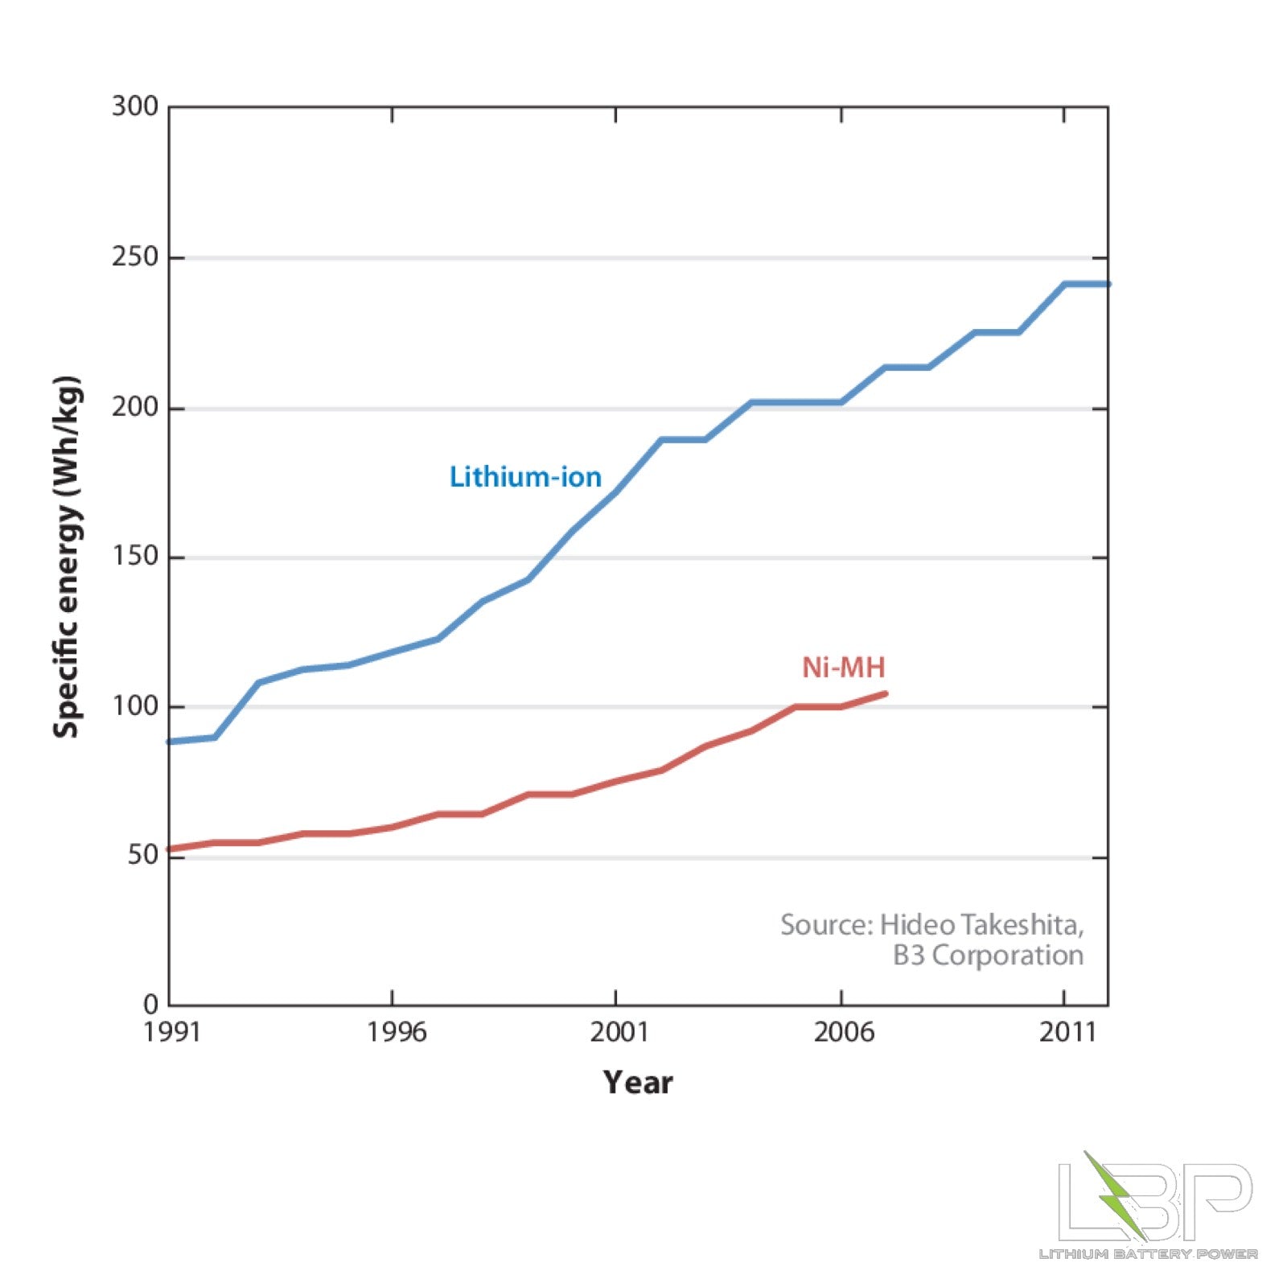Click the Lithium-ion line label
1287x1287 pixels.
(525, 477)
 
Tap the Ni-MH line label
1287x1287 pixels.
(843, 668)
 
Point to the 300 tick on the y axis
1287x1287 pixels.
(135, 106)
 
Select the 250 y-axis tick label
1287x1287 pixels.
(135, 257)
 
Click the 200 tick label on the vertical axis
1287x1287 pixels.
(135, 407)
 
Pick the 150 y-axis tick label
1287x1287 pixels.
(135, 557)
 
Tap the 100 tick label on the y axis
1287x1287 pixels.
(135, 706)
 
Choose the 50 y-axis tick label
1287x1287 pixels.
(143, 856)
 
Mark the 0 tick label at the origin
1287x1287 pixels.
(151, 1005)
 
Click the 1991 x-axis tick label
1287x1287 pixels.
(171, 1032)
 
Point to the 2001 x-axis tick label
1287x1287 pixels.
(619, 1032)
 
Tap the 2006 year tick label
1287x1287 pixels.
(843, 1032)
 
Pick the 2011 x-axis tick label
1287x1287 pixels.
(1067, 1032)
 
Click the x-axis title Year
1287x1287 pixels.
(638, 1083)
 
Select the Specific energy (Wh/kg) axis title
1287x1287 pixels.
(67, 557)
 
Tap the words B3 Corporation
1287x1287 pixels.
(988, 956)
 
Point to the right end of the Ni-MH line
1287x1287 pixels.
(885, 693)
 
